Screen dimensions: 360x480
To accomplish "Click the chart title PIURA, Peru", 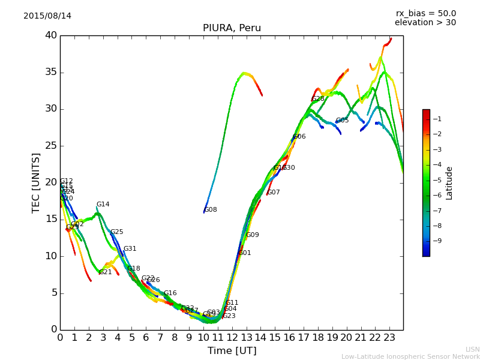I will [x=232, y=28].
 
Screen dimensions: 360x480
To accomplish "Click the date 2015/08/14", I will [x=47, y=16].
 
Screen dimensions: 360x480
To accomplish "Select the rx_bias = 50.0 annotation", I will [x=425, y=13].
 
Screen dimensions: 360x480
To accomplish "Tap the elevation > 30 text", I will [x=425, y=23].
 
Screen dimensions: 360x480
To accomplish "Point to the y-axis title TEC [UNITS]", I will [x=37, y=182].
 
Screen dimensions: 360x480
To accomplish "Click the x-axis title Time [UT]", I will [x=232, y=350].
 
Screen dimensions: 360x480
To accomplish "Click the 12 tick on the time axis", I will [x=232, y=338].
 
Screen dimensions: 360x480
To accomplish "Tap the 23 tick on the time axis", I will [x=389, y=338].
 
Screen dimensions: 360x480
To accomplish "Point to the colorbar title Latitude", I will [x=449, y=183].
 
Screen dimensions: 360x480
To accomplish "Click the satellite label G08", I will [x=211, y=210].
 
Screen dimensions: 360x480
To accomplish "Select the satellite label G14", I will [x=103, y=205].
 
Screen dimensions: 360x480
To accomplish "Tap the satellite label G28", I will [x=318, y=99].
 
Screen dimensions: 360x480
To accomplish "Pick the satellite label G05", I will [x=342, y=121].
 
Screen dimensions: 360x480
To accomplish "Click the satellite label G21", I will [x=106, y=272].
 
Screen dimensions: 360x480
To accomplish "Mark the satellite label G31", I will [x=130, y=249].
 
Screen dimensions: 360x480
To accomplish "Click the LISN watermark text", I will [x=472, y=349].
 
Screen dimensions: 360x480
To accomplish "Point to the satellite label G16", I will [x=170, y=293].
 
